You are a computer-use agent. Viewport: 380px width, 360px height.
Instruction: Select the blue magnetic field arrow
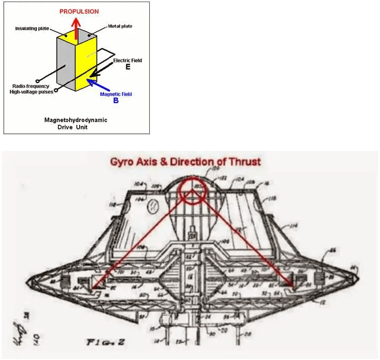point(98,84)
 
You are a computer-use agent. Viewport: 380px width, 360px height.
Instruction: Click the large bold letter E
point(127,68)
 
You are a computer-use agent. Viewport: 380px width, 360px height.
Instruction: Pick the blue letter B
point(115,100)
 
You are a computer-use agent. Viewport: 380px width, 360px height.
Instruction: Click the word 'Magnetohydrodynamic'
point(76,119)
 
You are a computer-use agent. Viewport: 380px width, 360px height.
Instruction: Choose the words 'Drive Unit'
point(76,126)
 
